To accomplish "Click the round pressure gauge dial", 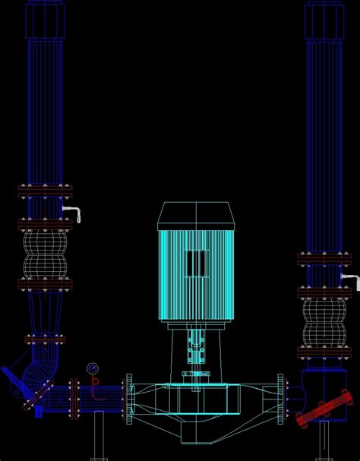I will pyautogui.click(x=93, y=368).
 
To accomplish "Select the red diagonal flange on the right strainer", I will pyautogui.click(x=325, y=407).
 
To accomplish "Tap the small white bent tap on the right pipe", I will pyautogui.click(x=348, y=279).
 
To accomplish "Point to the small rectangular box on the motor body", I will pyautogui.click(x=196, y=263).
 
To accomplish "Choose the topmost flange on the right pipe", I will pyautogui.click(x=324, y=258).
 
